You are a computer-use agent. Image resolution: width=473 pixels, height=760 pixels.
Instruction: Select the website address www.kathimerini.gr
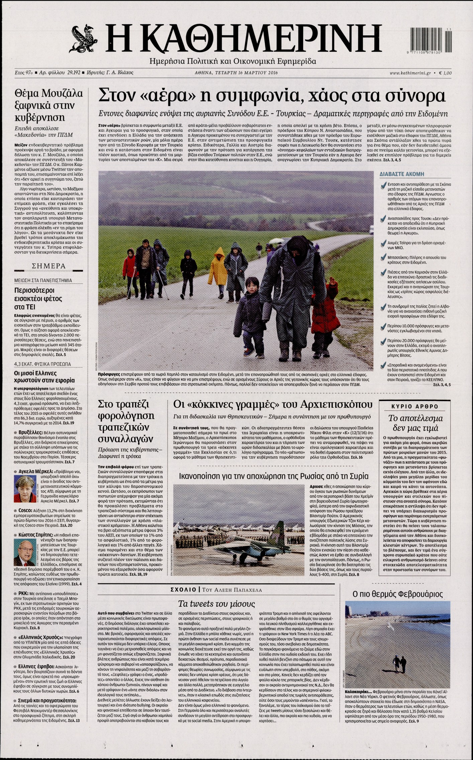410,73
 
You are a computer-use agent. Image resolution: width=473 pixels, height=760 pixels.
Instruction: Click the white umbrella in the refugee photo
275,241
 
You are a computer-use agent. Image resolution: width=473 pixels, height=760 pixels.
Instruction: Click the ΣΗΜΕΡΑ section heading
48,266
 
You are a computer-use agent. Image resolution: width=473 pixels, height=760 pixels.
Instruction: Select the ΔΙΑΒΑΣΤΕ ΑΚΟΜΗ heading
402,174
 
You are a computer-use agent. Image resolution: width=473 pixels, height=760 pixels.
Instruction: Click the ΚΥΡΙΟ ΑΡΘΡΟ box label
415,406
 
